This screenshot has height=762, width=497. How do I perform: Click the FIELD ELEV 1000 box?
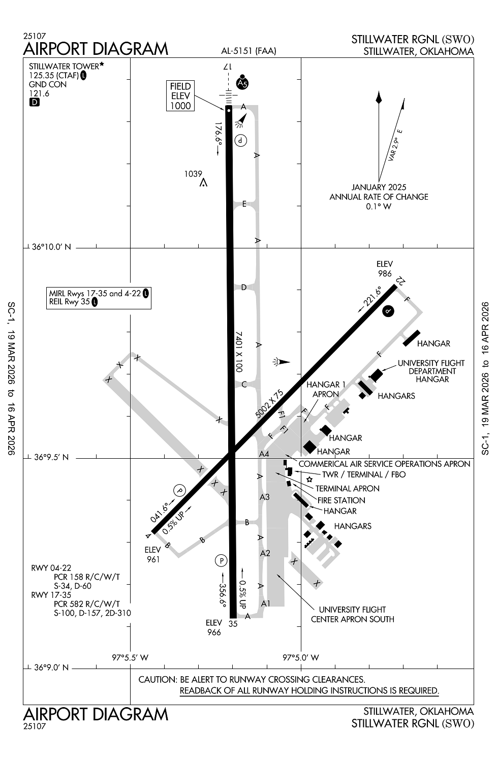(180, 96)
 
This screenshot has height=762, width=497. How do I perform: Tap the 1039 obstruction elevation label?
(193, 174)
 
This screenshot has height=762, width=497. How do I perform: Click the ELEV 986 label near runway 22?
(385, 269)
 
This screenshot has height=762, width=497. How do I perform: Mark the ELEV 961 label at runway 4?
(153, 555)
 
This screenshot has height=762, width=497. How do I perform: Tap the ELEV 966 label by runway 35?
(214, 627)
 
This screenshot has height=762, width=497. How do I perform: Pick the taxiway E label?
(244, 204)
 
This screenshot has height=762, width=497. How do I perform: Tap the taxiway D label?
(244, 288)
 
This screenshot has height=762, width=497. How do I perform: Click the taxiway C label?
(244, 384)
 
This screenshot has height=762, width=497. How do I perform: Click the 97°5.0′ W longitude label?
(301, 657)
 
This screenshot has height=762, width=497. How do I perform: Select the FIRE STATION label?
(341, 500)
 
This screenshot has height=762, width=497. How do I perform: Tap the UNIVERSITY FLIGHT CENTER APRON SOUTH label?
(353, 614)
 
